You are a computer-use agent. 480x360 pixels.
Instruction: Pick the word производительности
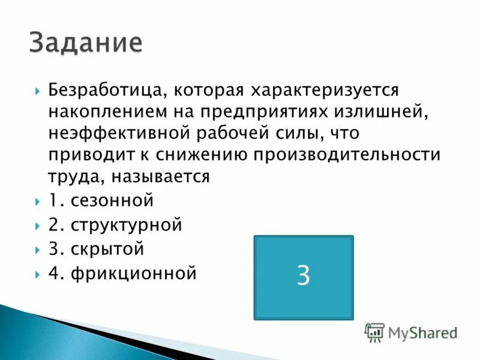tap(346, 155)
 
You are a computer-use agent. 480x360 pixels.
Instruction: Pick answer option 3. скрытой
tap(97, 249)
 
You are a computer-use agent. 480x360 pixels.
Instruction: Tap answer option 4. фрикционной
tap(123, 273)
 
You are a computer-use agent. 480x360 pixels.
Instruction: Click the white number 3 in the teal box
tap(304, 275)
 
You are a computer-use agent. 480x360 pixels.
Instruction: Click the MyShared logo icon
tap(374, 332)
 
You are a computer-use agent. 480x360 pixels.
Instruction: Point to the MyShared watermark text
tap(422, 332)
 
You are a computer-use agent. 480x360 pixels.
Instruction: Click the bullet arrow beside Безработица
tap(37, 91)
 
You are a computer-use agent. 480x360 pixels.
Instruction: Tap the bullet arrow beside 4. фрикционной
tap(37, 274)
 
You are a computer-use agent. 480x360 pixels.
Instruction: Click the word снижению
tap(198, 155)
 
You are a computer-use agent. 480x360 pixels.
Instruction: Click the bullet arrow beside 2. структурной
tap(37, 226)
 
